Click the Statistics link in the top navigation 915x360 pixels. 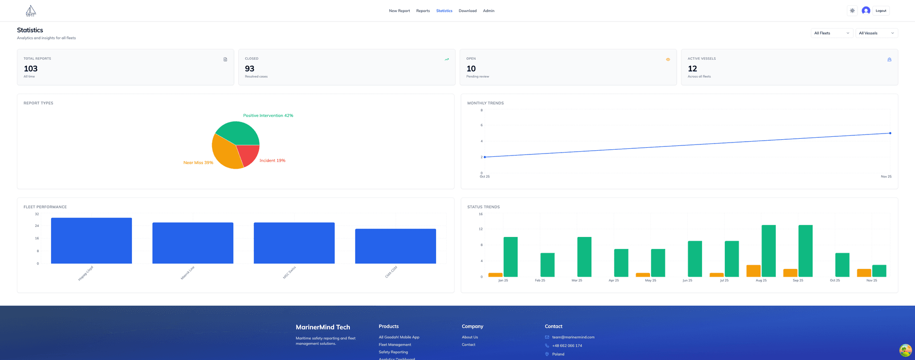(x=444, y=11)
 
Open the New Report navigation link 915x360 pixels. (x=399, y=11)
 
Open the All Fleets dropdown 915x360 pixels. (x=832, y=33)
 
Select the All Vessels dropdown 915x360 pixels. (x=876, y=33)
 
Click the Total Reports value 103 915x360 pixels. (x=30, y=69)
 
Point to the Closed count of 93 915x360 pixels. (x=250, y=69)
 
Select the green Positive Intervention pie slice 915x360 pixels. (x=237, y=133)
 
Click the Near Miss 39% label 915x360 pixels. (x=198, y=163)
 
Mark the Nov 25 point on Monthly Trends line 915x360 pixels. (x=890, y=133)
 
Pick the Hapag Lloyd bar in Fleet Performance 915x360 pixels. (x=91, y=241)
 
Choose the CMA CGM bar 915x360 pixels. (x=396, y=246)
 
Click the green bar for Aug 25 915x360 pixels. (x=768, y=251)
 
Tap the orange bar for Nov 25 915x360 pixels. (x=864, y=273)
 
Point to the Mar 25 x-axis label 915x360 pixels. (x=577, y=280)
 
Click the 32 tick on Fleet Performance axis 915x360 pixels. (x=37, y=214)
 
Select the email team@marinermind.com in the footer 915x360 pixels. (x=573, y=337)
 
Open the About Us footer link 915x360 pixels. (x=469, y=337)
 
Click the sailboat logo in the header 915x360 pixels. (x=30, y=11)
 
